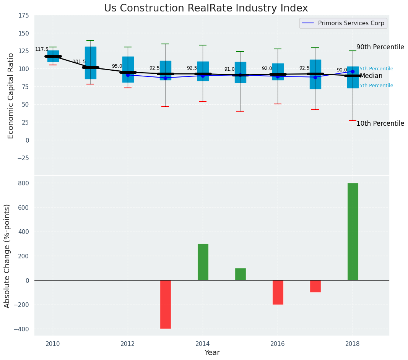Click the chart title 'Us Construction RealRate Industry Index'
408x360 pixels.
[206, 8]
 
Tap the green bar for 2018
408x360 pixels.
[353, 232]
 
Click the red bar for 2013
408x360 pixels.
[165, 304]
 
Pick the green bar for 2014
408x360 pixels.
[203, 262]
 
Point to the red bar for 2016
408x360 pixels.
[278, 292]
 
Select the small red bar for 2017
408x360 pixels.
[315, 286]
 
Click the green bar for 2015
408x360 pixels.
[240, 274]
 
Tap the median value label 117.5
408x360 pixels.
[42, 49]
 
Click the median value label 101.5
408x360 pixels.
[79, 62]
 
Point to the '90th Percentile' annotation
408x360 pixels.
[380, 47]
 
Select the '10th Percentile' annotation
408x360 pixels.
[380, 123]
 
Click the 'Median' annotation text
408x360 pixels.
[371, 76]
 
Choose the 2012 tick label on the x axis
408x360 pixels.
[128, 344]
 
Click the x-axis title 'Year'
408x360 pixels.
[212, 353]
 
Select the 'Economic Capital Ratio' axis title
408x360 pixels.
[11, 96]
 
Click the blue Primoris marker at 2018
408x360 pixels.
[353, 71]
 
